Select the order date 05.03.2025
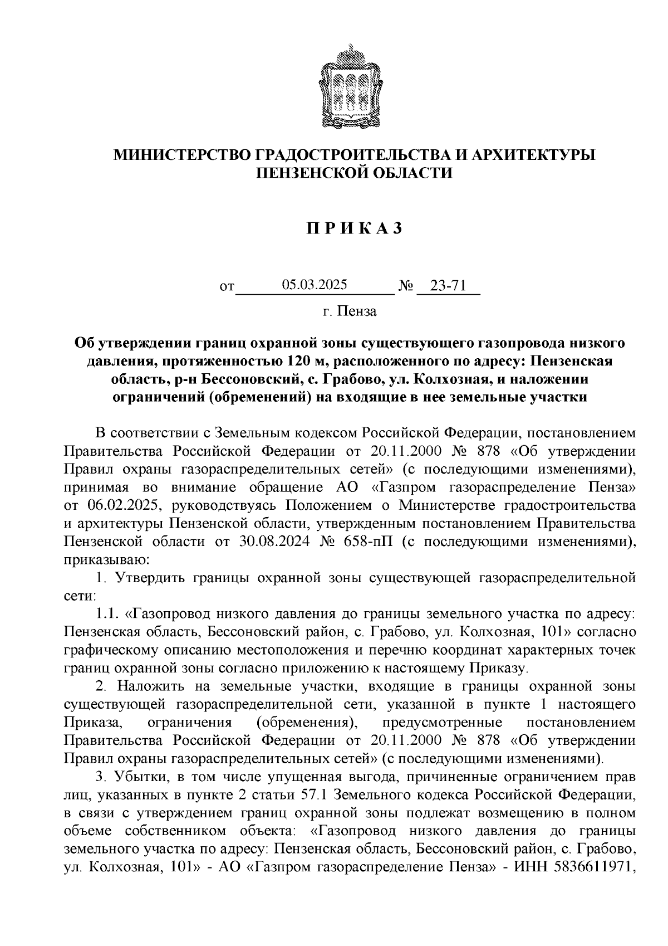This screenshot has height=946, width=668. click(x=315, y=285)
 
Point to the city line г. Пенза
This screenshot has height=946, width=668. click(x=349, y=311)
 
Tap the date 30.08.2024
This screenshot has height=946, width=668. click(x=302, y=542)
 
